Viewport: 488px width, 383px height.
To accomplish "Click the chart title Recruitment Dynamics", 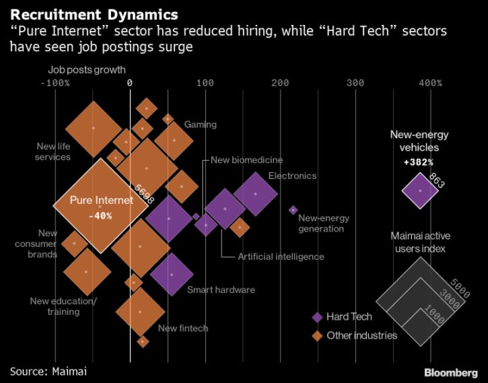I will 94,14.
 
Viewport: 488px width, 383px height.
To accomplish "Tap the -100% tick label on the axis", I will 55,83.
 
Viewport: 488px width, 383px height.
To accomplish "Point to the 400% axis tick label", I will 430,83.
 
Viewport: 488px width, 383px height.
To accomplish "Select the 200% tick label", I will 279,83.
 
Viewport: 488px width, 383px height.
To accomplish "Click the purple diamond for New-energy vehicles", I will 420,190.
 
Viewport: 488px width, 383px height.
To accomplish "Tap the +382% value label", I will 419,162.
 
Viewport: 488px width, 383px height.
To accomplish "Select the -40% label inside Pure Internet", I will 100,215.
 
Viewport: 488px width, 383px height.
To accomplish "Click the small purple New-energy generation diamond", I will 293,210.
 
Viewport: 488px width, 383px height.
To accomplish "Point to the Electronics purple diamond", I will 255,194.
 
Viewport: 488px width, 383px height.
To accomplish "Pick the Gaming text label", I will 201,125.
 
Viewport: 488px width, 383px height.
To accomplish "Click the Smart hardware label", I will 221,289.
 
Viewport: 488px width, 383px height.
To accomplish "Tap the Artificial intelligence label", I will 281,256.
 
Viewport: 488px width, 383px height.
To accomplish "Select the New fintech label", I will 183,328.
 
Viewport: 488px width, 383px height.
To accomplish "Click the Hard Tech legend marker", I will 316,317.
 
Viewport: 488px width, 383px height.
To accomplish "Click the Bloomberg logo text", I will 452,372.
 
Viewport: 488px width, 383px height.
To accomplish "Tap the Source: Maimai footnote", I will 48,370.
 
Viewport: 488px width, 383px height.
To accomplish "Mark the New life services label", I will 54,151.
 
